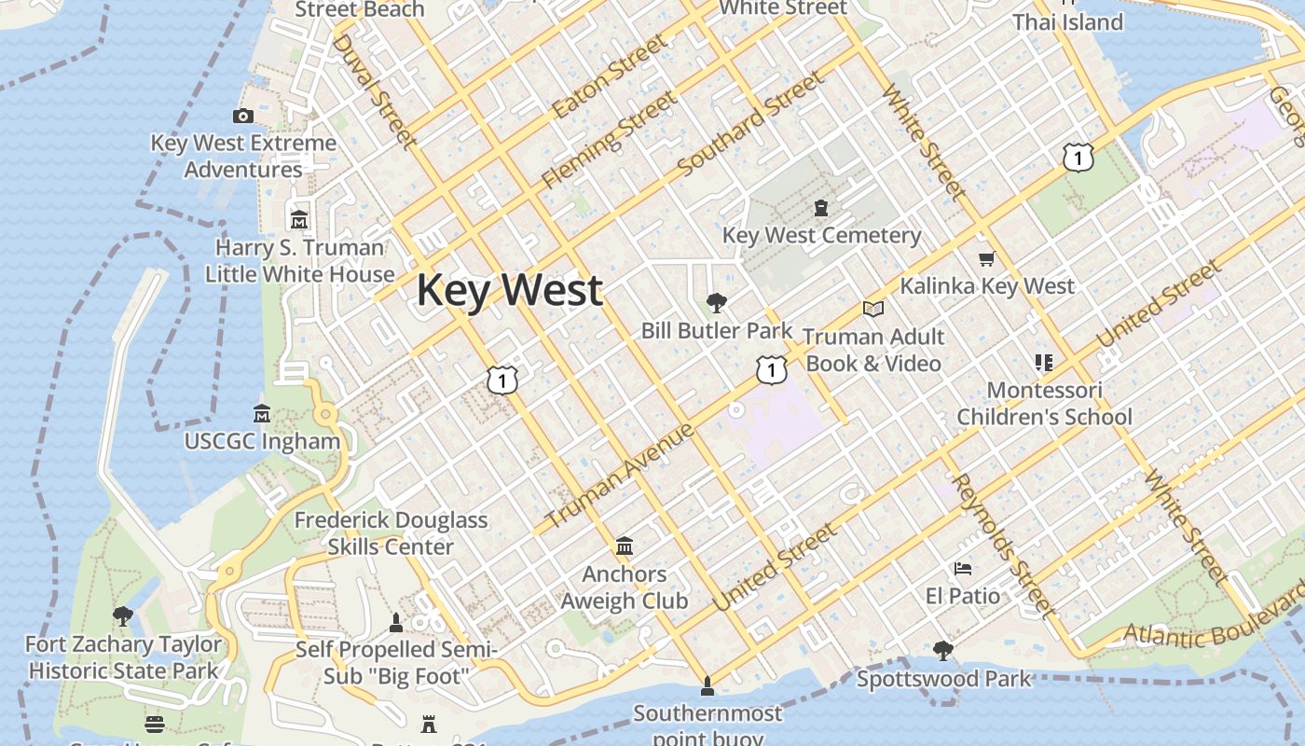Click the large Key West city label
pyautogui.click(x=509, y=290)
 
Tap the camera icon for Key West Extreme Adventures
pyautogui.click(x=243, y=116)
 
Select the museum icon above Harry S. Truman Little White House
pyautogui.click(x=299, y=220)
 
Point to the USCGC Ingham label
pyautogui.click(x=262, y=441)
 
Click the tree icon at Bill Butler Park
pyautogui.click(x=716, y=302)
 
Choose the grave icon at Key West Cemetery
pyautogui.click(x=820, y=207)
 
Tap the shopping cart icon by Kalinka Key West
pyautogui.click(x=986, y=258)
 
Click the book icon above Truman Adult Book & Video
pyautogui.click(x=872, y=309)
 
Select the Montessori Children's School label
pyautogui.click(x=1044, y=403)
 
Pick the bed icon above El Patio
pyautogui.click(x=962, y=568)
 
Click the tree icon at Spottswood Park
pyautogui.click(x=943, y=649)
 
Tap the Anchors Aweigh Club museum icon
pyautogui.click(x=625, y=546)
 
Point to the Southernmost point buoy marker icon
pyautogui.click(x=707, y=685)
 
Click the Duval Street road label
pyautogui.click(x=373, y=90)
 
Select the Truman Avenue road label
pyautogui.click(x=619, y=475)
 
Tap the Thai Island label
pyautogui.click(x=1067, y=21)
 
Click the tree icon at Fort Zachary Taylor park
pyautogui.click(x=122, y=615)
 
